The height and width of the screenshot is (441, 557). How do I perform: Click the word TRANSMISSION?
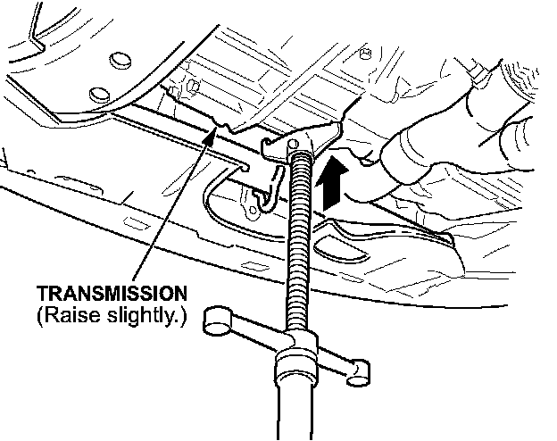112,293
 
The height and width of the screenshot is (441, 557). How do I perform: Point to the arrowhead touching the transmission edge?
211,134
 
